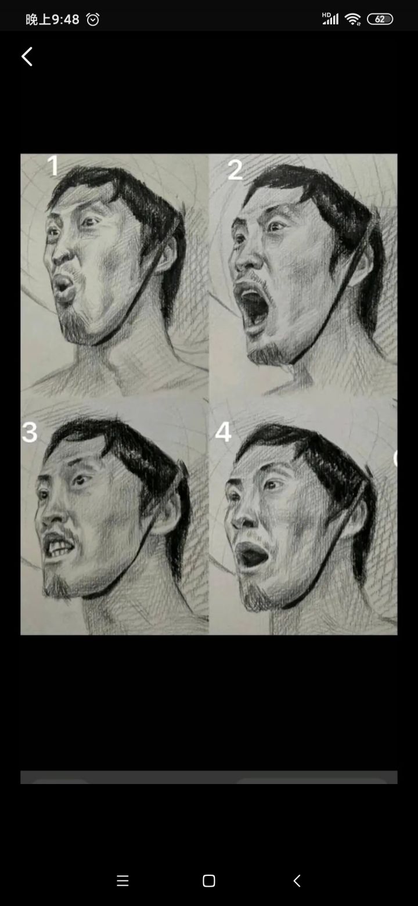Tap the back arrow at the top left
point(27,57)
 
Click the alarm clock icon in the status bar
point(92,19)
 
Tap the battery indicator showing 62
point(380,19)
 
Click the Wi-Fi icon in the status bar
point(352,19)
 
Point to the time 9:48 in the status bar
point(65,19)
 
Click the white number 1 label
point(53,166)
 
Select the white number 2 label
point(235,170)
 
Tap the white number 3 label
point(30,432)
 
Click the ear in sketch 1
point(167,256)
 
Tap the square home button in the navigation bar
point(209,880)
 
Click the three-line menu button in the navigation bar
point(122,880)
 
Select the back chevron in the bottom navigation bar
point(297,880)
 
